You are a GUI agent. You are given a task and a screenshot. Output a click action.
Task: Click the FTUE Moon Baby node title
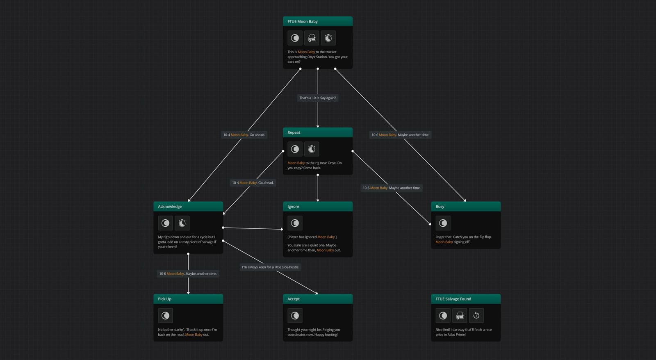click(302, 21)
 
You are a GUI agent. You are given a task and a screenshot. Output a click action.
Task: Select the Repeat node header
click(317, 132)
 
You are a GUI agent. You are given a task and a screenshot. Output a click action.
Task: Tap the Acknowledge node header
click(188, 207)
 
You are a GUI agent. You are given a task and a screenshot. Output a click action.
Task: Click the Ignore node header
click(317, 207)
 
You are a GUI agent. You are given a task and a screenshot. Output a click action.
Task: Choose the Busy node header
click(466, 207)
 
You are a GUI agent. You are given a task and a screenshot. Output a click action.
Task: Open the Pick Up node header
click(188, 299)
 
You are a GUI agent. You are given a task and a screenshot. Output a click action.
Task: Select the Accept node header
click(317, 299)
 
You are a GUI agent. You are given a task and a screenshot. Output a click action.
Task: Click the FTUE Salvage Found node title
click(453, 299)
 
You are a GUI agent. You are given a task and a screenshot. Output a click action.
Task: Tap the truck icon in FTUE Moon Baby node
click(312, 38)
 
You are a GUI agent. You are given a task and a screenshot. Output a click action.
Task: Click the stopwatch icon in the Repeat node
click(312, 149)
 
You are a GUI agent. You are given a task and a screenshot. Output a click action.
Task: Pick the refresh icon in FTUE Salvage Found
click(476, 315)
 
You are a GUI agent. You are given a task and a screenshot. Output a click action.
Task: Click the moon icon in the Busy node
click(443, 223)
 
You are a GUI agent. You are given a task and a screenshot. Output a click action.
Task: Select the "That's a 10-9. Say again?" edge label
click(317, 98)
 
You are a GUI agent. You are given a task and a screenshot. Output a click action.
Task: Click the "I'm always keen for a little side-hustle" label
click(270, 267)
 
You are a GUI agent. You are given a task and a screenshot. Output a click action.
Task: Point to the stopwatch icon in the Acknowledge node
click(182, 223)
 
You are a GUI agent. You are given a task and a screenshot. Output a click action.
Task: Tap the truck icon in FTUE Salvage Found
click(460, 315)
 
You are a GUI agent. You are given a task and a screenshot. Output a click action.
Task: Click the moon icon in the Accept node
click(295, 315)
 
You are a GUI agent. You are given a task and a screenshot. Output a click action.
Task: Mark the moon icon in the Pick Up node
click(165, 315)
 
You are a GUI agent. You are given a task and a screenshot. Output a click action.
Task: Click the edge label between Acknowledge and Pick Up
click(188, 274)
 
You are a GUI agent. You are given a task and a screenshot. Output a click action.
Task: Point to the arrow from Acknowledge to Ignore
click(253, 228)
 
